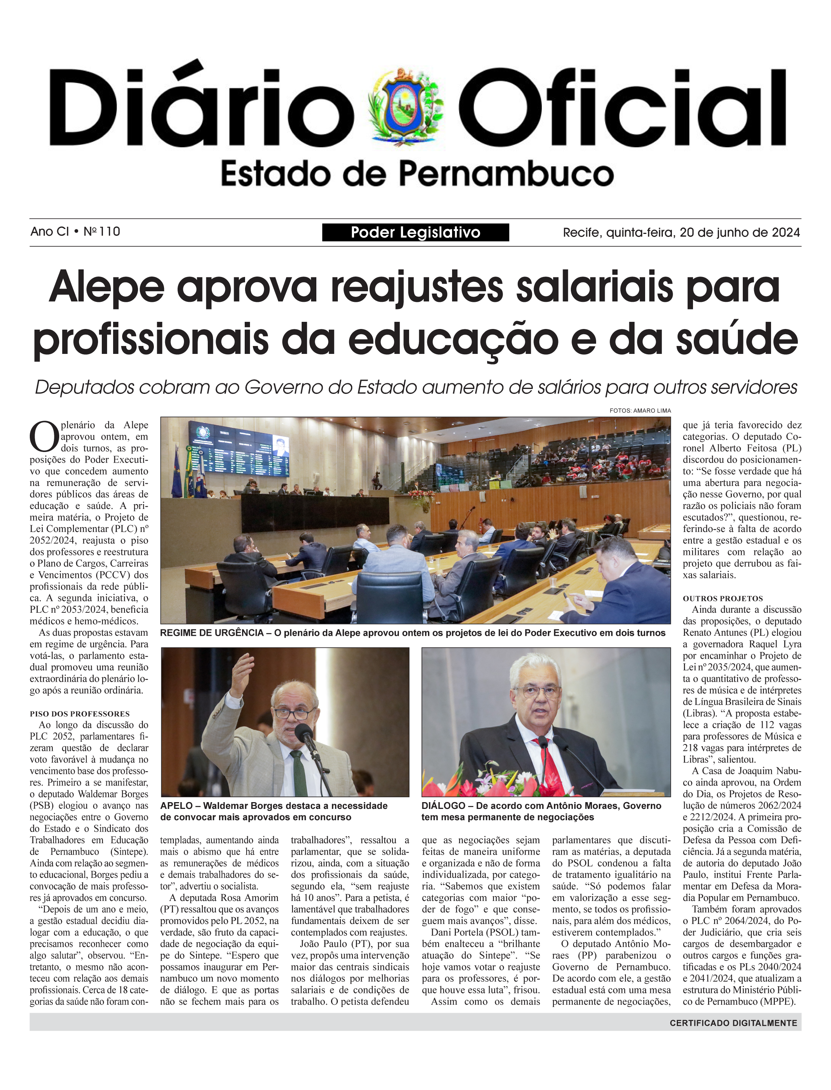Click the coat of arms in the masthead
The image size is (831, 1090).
(406, 105)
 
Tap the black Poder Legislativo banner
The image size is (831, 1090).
(415, 232)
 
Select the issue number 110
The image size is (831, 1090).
(109, 231)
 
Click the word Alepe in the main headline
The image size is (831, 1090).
(106, 287)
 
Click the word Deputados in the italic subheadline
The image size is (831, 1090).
(84, 387)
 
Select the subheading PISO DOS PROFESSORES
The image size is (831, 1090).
(80, 714)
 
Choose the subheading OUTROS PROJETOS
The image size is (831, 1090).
(723, 598)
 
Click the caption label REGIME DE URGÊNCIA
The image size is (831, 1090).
(212, 633)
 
